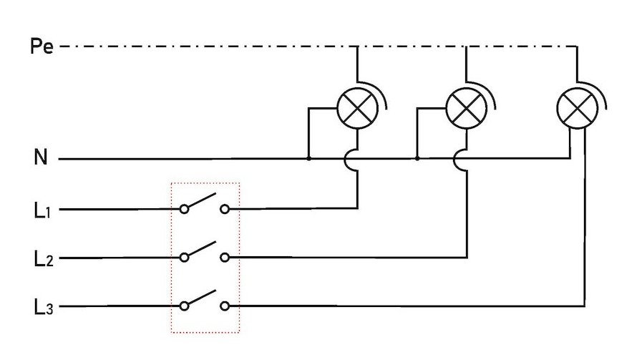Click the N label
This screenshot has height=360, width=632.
(41, 157)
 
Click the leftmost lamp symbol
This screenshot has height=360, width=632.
(357, 110)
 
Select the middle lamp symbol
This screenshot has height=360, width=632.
(466, 110)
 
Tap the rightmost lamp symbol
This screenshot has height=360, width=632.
(577, 110)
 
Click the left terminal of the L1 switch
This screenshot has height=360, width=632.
(185, 209)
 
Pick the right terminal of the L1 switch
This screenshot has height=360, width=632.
(225, 209)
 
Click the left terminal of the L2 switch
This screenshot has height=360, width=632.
(185, 257)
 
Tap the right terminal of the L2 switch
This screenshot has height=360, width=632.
(225, 257)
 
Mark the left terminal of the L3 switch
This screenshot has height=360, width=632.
(185, 306)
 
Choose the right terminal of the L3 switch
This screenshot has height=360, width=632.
(225, 306)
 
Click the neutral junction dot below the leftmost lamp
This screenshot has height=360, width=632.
(308, 158)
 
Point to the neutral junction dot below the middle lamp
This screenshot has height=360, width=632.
(417, 158)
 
